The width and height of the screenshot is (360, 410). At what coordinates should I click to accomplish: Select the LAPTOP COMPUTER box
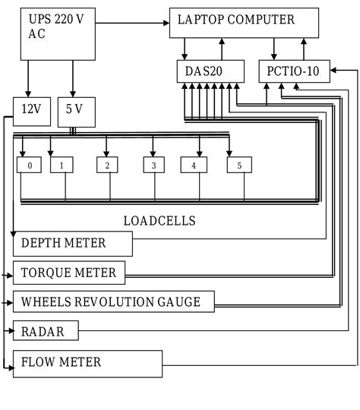(x=243, y=23)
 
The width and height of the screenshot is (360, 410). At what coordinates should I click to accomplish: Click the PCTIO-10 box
(x=293, y=72)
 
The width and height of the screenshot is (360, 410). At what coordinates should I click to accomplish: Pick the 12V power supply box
(x=31, y=111)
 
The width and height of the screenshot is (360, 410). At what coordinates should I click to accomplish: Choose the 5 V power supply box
(x=74, y=111)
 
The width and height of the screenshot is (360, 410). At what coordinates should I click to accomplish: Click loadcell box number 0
(x=29, y=165)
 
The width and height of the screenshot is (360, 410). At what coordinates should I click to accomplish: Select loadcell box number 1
(x=62, y=165)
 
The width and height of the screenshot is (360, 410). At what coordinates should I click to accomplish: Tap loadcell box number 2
(x=108, y=165)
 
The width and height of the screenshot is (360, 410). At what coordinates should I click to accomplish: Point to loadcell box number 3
(x=154, y=165)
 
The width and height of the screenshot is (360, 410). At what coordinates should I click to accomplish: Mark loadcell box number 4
(x=194, y=165)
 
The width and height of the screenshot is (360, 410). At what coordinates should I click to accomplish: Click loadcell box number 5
(x=239, y=165)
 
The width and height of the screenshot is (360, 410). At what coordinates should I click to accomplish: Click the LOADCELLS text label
(x=159, y=221)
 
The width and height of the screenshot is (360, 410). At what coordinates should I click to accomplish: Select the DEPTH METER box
(x=73, y=244)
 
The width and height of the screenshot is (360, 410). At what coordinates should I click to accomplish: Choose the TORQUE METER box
(x=69, y=273)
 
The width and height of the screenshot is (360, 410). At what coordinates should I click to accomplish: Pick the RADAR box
(x=46, y=331)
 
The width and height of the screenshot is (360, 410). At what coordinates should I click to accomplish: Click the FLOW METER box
(x=87, y=363)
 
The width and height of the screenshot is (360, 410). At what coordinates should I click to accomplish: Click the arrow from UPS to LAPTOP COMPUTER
(x=134, y=24)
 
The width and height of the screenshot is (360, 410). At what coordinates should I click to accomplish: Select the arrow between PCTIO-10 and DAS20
(x=252, y=72)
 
